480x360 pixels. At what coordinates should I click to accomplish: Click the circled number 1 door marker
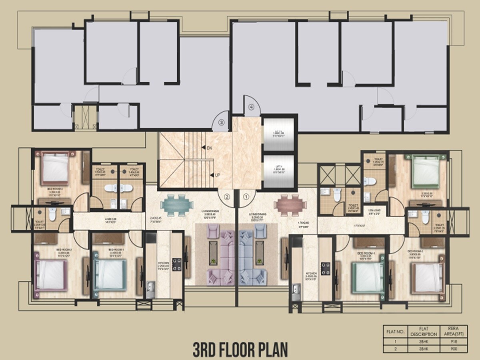[x=246, y=196]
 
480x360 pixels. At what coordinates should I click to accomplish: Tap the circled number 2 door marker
[x=227, y=196]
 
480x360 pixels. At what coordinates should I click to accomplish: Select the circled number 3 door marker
[x=221, y=122]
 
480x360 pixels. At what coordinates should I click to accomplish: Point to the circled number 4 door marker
[x=251, y=107]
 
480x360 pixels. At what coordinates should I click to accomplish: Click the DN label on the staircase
[x=209, y=148]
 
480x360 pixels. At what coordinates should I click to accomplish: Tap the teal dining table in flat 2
[x=174, y=204]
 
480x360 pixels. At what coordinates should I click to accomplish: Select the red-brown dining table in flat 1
[x=290, y=204]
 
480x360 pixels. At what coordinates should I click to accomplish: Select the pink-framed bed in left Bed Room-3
[x=55, y=168]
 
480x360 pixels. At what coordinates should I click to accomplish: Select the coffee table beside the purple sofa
[x=213, y=254]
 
